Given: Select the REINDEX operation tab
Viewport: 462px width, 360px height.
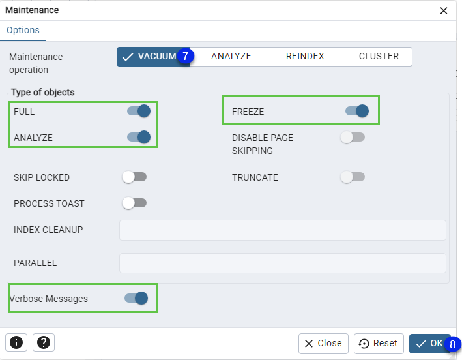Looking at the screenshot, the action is [305, 56].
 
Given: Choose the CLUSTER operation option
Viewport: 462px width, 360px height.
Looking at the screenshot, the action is [379, 56].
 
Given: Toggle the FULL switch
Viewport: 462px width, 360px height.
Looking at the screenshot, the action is [139, 111].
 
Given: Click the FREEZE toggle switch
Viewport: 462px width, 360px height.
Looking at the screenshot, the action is [357, 111].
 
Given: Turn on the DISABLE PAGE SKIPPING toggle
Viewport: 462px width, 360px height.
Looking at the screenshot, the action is [353, 137].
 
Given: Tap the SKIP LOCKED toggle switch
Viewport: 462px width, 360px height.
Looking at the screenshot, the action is [134, 177].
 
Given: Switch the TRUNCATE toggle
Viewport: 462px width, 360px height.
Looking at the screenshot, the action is [353, 177].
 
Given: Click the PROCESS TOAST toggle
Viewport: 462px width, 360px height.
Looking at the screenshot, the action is [134, 203].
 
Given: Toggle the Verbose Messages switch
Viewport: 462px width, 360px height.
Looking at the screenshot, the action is [136, 298].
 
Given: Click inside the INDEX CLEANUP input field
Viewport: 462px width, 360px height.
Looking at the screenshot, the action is [283, 230].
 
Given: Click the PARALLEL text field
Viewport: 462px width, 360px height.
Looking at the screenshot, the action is [283, 263].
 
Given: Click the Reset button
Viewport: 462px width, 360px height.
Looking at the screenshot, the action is [379, 344].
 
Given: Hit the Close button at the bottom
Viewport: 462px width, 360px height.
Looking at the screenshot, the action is [323, 344].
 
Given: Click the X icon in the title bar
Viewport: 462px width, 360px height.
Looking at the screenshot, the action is [444, 11].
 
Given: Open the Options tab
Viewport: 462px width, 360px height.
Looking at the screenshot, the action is [23, 30].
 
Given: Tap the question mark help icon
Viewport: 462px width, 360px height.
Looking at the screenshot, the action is [44, 342].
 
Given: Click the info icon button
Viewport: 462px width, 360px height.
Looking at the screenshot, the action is [16, 342].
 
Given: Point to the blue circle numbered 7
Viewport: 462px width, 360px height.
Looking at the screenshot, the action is [185, 55].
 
